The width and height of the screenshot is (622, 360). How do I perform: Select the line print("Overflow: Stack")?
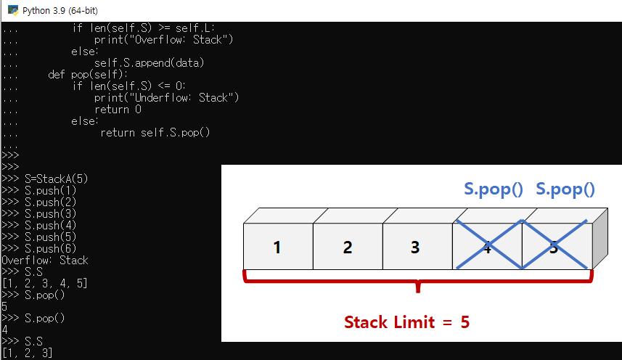click(163, 40)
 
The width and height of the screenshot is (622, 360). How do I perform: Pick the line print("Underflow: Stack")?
click(166, 98)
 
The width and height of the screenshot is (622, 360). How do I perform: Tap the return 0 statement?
click(118, 110)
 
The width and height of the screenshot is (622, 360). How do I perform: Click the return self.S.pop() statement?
click(155, 132)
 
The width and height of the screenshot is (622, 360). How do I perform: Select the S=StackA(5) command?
click(56, 179)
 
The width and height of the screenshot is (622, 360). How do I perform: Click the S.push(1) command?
click(50, 190)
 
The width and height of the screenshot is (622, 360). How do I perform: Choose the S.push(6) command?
click(50, 248)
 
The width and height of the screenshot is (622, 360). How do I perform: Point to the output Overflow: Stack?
click(45, 260)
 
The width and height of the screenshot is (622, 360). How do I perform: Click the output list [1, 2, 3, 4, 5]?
click(45, 283)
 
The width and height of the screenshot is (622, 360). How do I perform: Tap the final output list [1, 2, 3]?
click(27, 353)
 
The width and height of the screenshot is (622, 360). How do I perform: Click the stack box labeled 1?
click(277, 247)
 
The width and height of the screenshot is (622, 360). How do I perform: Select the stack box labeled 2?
click(347, 247)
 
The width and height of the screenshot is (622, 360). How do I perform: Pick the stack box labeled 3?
click(414, 247)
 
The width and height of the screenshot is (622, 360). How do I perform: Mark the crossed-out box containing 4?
click(486, 247)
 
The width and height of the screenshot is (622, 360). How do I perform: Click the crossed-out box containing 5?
click(555, 247)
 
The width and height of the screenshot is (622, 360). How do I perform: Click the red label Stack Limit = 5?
click(406, 322)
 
